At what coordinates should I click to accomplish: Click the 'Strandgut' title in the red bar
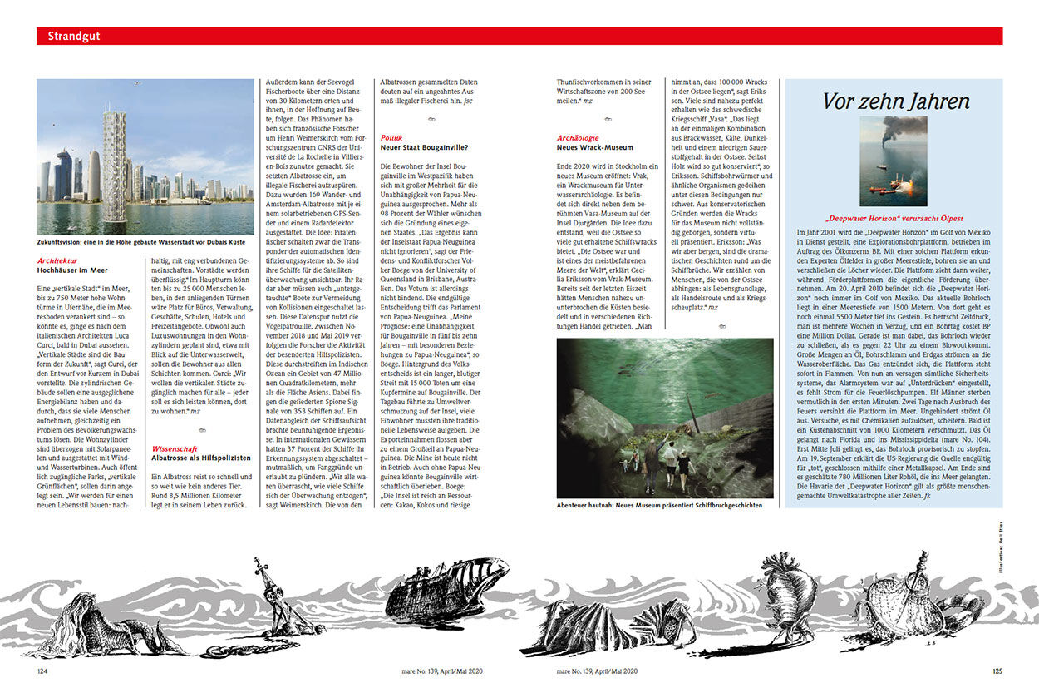tap(74, 37)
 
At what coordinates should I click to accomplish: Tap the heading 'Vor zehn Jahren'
tap(895, 101)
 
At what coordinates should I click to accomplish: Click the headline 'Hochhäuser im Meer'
tap(72, 270)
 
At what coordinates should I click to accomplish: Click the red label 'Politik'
tap(391, 137)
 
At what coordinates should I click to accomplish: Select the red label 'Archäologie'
tap(579, 137)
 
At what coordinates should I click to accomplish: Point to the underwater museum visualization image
tap(664, 417)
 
